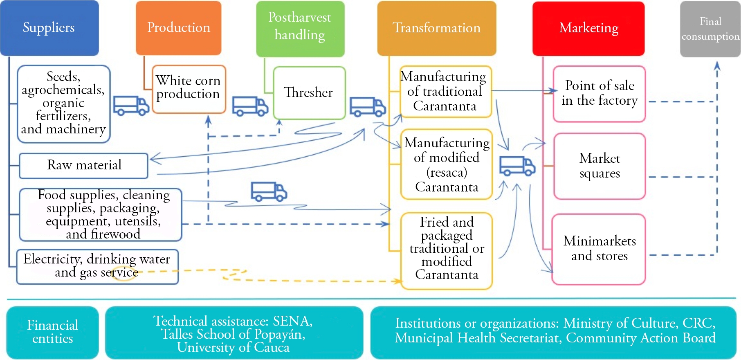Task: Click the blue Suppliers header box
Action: [x=49, y=28]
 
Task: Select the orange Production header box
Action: [x=178, y=28]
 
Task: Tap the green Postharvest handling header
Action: [x=300, y=28]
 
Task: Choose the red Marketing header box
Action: [x=588, y=28]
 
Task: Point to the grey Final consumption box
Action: [x=710, y=29]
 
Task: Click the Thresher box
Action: [x=309, y=92]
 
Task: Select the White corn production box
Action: [x=189, y=88]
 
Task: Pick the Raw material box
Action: [x=84, y=165]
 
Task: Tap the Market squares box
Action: [x=599, y=166]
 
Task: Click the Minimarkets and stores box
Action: [x=599, y=248]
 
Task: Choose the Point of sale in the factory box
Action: [x=599, y=93]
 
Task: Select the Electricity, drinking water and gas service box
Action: [x=97, y=266]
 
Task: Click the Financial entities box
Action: [x=52, y=332]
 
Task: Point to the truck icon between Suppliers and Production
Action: [x=131, y=106]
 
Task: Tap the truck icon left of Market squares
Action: [x=517, y=166]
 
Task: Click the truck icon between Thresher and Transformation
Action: [x=368, y=107]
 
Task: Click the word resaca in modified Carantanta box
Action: [x=447, y=173]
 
